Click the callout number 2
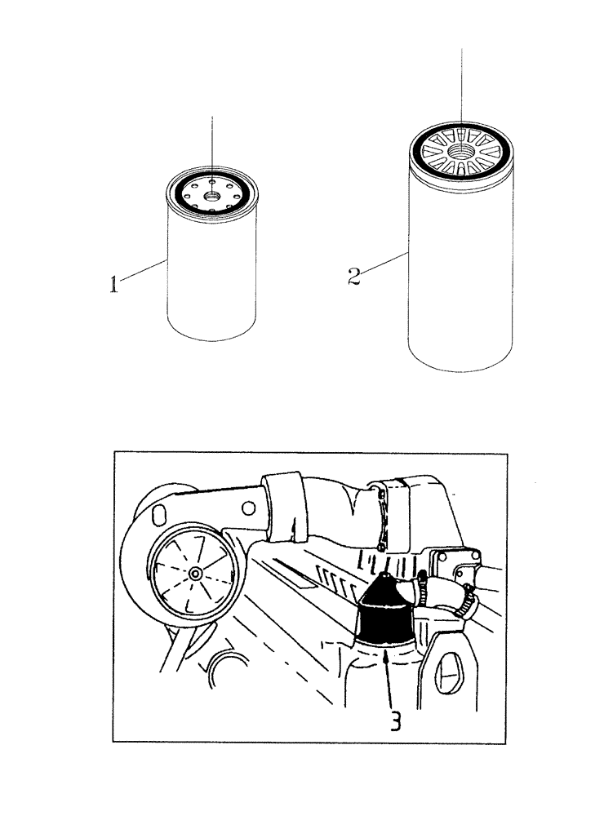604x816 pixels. coord(353,276)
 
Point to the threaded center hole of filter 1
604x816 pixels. coord(212,193)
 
